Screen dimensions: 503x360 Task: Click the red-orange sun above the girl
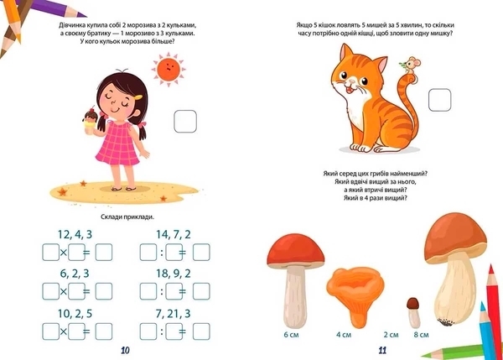coord(169,69)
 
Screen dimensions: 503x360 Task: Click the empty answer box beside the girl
coord(185,122)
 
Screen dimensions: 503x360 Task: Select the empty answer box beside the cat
coord(440,100)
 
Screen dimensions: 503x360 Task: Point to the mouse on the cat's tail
coord(410,67)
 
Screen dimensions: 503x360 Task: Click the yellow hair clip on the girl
coord(138,97)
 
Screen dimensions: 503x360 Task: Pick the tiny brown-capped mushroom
coord(413,312)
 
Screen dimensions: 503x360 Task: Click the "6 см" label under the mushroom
coord(291,335)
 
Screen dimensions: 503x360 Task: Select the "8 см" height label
coord(421,335)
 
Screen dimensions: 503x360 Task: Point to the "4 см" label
coord(344,335)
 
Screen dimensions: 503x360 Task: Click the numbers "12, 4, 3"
coord(75,234)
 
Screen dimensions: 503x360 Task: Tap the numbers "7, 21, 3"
coord(174,314)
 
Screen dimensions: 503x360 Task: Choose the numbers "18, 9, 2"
coord(174,274)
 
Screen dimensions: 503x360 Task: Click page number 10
coord(125,351)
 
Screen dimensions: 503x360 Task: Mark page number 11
coord(382,351)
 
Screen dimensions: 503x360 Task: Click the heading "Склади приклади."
coord(127,217)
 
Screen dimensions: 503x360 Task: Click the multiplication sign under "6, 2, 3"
coord(64,291)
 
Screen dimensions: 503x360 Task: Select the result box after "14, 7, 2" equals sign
coord(201,252)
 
